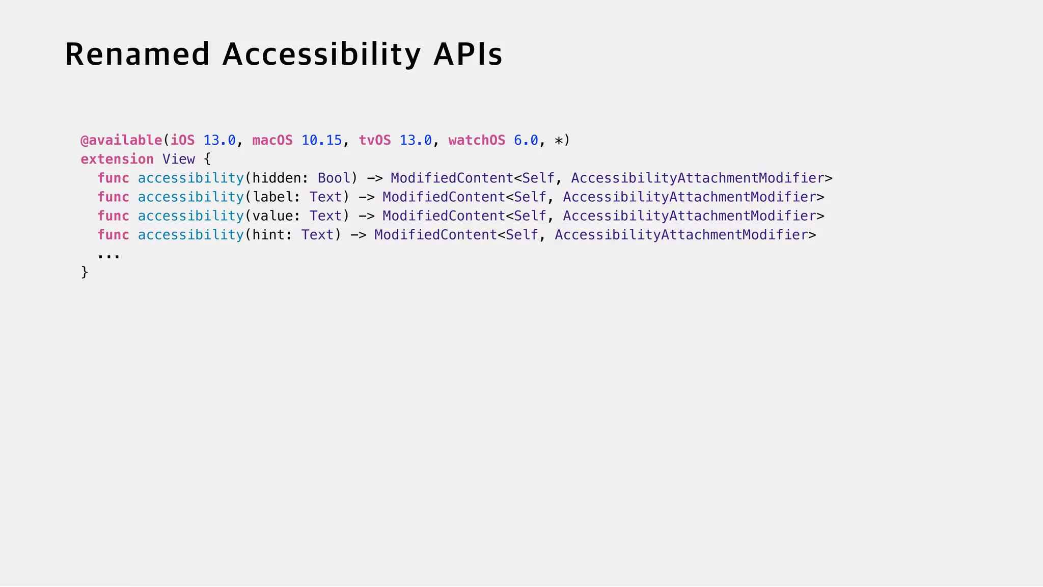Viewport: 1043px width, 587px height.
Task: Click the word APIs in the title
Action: coord(468,54)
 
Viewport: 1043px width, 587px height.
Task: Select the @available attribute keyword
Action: coord(121,140)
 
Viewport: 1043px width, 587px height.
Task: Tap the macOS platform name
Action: coord(272,140)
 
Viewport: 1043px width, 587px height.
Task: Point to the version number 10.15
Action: coord(321,140)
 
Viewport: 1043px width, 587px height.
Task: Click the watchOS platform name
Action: coord(477,140)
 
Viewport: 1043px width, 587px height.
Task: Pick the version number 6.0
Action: coord(526,140)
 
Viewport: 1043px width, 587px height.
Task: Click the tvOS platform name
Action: coord(375,140)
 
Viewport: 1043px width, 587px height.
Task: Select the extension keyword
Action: coord(117,159)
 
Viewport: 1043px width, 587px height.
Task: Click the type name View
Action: coord(178,159)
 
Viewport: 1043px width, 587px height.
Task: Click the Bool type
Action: coord(334,178)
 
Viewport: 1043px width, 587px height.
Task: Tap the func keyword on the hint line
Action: coord(113,234)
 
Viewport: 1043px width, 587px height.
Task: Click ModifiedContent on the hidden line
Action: coord(452,178)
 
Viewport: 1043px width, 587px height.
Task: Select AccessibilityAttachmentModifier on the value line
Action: coord(690,216)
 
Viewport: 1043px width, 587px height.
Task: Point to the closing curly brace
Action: coord(85,272)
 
